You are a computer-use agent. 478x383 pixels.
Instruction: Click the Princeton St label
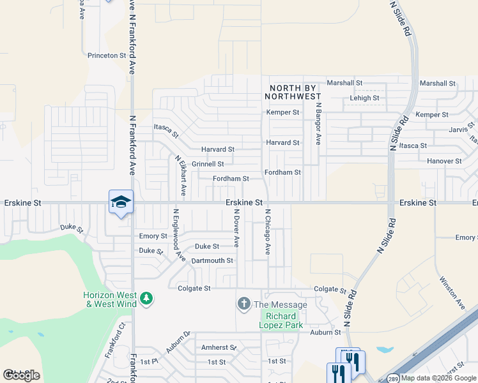point(107,56)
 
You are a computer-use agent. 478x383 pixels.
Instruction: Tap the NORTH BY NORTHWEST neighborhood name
point(294,92)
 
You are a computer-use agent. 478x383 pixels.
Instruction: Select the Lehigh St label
point(364,98)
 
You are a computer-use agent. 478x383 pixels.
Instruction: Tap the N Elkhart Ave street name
point(181,174)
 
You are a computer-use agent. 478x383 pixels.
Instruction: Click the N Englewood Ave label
point(178,236)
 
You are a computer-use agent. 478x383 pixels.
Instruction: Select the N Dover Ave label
point(236,229)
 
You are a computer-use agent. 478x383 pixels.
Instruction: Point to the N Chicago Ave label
point(268,231)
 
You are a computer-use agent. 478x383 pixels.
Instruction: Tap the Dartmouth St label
point(212,260)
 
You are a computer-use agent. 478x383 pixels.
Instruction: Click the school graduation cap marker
point(121,202)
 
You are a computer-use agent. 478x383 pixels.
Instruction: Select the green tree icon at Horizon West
point(146,298)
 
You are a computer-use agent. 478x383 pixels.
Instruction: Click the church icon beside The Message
point(243,304)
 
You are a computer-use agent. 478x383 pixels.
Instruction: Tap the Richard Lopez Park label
point(281,320)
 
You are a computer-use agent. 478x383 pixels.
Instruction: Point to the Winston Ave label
point(452,288)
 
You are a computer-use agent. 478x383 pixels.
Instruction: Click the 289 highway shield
point(394,378)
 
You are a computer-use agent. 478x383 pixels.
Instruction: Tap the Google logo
point(21,375)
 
